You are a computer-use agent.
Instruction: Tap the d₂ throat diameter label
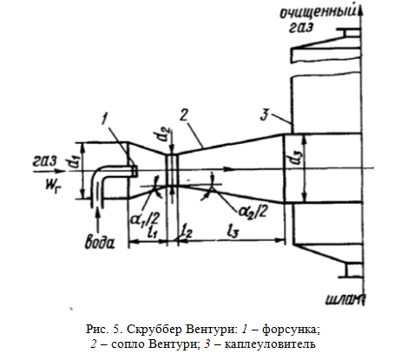[x=164, y=134]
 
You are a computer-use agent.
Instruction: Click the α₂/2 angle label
[x=253, y=212]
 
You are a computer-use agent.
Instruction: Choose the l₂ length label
[x=187, y=232]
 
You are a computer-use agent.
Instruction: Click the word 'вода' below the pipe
[x=100, y=242]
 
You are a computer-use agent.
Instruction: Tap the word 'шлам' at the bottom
[x=345, y=299]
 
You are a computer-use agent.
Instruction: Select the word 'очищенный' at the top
[x=318, y=13]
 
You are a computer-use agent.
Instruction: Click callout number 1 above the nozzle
[x=106, y=119]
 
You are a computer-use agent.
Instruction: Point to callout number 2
[x=183, y=115]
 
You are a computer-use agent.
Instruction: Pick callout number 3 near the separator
[x=265, y=115]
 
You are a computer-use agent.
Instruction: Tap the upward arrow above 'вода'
[x=99, y=220]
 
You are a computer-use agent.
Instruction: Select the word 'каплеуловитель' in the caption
[x=270, y=344]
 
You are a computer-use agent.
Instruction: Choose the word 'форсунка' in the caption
[x=291, y=330]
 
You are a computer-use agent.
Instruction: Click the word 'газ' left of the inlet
[x=44, y=161]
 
